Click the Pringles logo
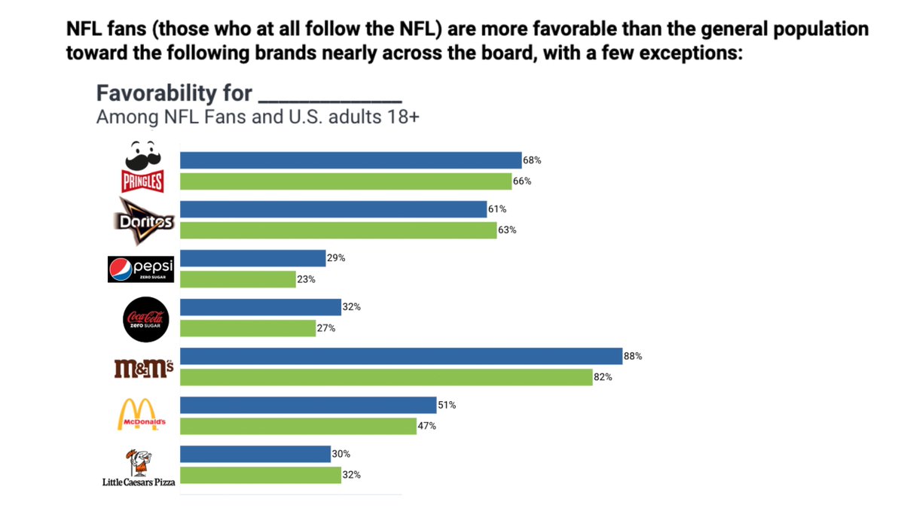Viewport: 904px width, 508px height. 143,167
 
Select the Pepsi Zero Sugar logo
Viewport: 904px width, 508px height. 141,269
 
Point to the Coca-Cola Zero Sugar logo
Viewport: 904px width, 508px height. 145,318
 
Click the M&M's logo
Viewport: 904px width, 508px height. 143,368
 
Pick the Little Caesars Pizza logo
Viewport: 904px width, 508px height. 139,468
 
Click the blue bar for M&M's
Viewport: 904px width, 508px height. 401,356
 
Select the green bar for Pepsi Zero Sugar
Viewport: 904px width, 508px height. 238,279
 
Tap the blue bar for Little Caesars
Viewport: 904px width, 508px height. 255,454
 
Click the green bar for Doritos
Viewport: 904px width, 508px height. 338,230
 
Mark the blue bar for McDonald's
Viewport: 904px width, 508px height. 308,405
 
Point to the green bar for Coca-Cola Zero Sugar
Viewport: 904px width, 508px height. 248,328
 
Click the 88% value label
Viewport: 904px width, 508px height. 633,356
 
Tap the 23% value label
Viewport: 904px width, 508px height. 306,279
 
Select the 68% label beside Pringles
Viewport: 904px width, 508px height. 532,160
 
